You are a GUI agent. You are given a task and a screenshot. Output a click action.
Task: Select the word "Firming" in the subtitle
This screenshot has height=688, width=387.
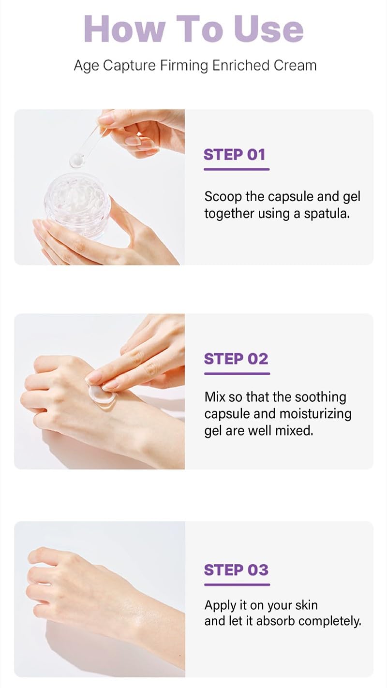[187, 65]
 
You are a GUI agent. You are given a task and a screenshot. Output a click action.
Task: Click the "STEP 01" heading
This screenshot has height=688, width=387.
[235, 155]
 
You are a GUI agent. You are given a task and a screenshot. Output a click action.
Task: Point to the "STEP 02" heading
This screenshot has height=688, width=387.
[236, 359]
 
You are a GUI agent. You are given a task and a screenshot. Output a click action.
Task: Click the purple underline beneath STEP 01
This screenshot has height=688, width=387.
[237, 169]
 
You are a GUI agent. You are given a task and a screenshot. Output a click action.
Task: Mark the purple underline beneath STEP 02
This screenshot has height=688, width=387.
[237, 373]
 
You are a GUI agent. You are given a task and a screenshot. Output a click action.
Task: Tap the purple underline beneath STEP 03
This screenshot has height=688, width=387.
[237, 585]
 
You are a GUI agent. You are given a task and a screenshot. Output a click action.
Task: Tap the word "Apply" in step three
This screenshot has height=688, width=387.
[221, 605]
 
